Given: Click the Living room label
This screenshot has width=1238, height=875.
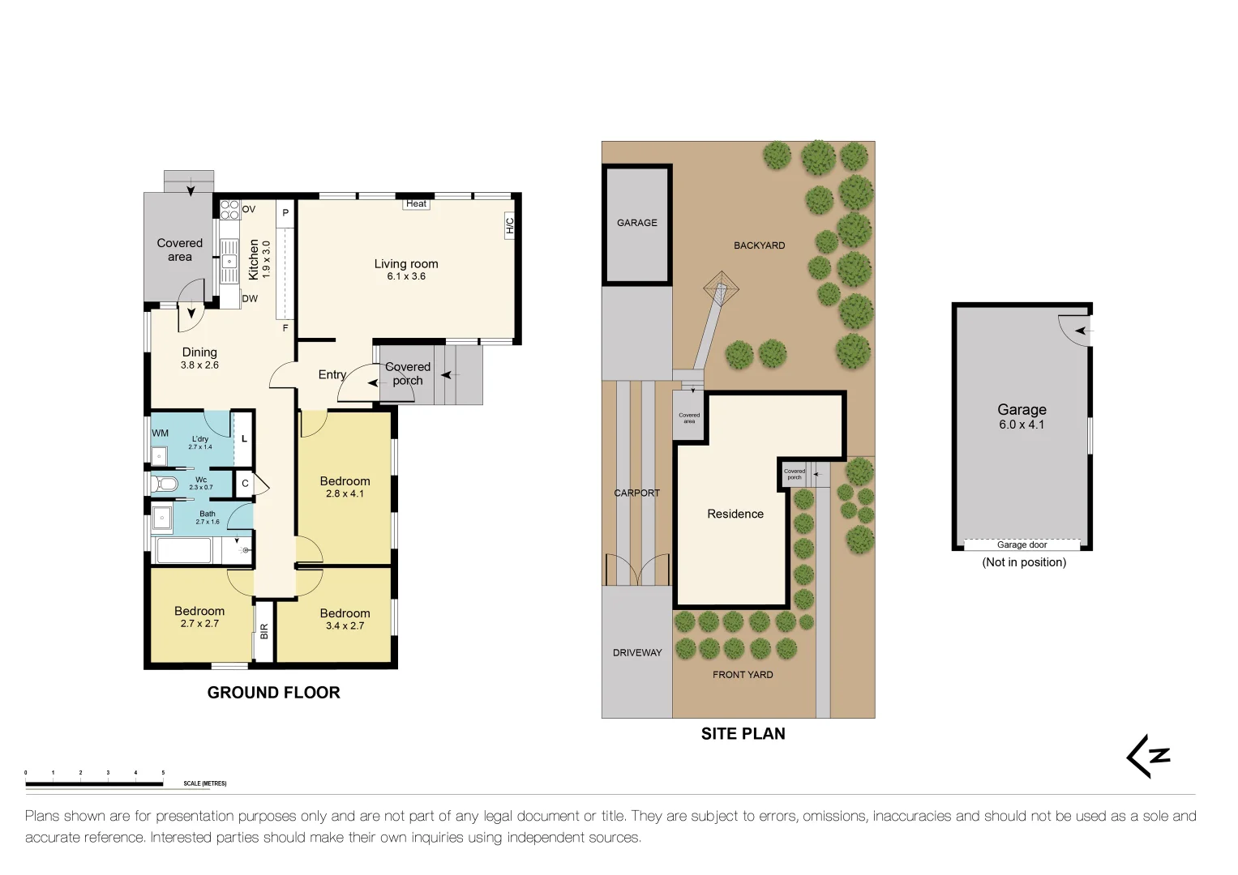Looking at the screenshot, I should coord(405,264).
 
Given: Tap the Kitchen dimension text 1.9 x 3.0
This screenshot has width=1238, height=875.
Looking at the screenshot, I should coord(267,259).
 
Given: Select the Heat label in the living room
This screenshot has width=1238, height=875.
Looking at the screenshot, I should coord(416,204).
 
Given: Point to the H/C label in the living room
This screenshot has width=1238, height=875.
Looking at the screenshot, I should coord(510,226).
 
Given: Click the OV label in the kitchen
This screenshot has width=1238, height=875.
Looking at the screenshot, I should coord(249,209).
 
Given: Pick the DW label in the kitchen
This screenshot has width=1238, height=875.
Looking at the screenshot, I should coord(250,299).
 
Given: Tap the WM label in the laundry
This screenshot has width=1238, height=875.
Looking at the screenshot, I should coord(161,433).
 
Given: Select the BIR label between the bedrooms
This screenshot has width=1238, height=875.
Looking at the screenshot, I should coord(264,631).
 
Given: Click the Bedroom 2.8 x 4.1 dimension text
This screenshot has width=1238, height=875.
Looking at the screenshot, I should coord(345,493).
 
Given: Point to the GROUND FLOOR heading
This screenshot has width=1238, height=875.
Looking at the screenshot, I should coord(273,693).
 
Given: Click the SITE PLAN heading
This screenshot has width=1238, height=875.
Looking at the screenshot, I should coord(743,734).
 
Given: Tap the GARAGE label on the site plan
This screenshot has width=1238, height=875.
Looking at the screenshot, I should coord(636,223).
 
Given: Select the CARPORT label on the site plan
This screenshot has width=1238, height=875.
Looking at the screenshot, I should coord(636,493).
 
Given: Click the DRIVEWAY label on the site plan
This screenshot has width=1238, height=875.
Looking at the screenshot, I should coord(637,653).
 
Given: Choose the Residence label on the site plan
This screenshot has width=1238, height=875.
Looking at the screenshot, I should coord(735,514).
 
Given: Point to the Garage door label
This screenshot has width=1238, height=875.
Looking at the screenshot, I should coord(1022,544).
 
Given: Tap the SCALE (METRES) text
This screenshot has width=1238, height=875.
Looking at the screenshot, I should coord(205,783).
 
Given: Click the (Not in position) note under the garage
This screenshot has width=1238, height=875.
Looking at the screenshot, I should coord(1023,562).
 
